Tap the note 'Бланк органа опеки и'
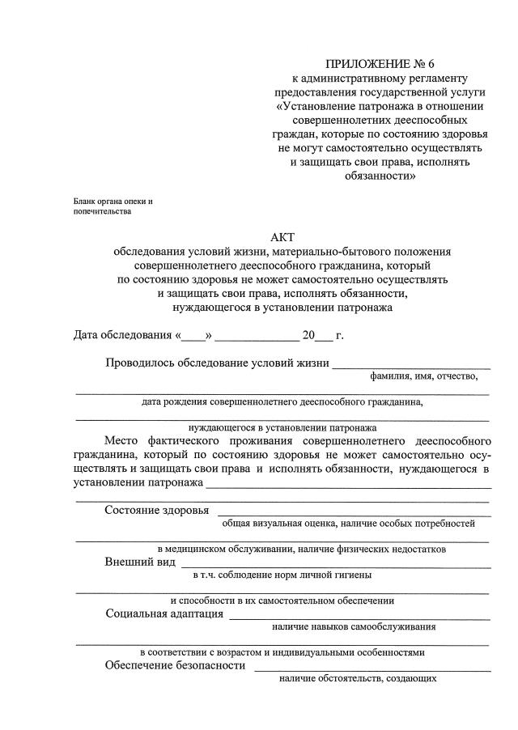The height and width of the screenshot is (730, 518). [113, 200]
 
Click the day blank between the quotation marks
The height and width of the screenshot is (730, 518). [193, 336]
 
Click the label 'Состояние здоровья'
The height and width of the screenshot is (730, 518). [157, 510]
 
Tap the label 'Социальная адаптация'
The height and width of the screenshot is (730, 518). [165, 613]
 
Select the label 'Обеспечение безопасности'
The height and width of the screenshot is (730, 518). [175, 665]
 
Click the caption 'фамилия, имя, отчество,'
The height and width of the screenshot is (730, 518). [424, 376]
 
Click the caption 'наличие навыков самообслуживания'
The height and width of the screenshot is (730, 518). [354, 626]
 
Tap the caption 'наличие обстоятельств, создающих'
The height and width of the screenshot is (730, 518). [358, 678]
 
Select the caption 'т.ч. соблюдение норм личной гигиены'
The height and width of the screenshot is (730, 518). [282, 575]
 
